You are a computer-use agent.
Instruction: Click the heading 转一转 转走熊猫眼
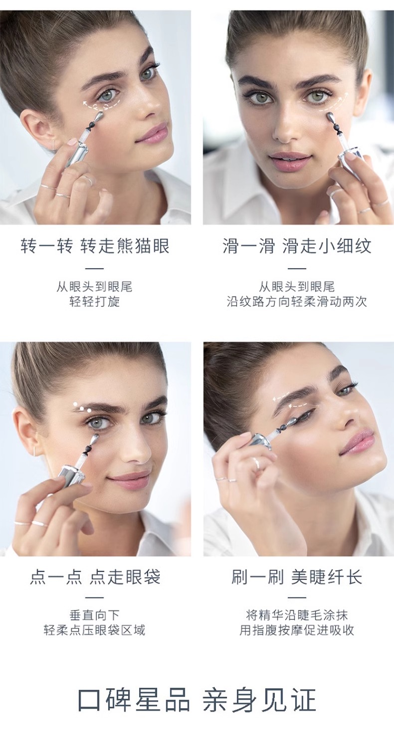(x=95, y=246)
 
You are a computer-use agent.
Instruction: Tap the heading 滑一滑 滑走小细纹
(x=297, y=246)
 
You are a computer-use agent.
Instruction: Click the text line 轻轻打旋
(x=95, y=301)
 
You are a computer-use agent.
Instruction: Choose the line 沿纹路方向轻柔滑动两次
(x=297, y=301)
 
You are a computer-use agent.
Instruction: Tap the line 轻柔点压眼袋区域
(x=95, y=630)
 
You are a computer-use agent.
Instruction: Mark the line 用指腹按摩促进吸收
(x=297, y=630)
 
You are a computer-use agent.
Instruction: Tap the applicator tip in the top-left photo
(x=99, y=117)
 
